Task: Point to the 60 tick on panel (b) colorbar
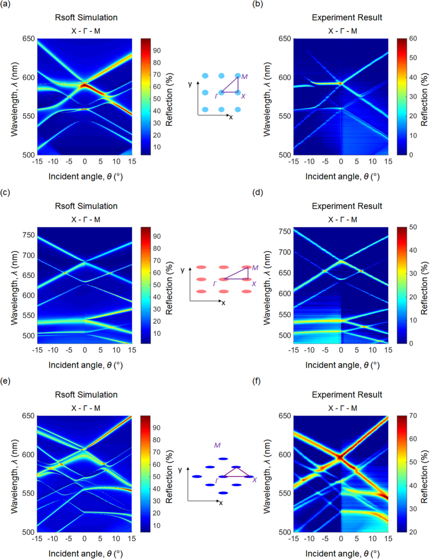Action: tap(408, 39)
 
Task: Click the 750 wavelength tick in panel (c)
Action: tap(28, 236)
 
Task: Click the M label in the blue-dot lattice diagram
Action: tap(244, 77)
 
